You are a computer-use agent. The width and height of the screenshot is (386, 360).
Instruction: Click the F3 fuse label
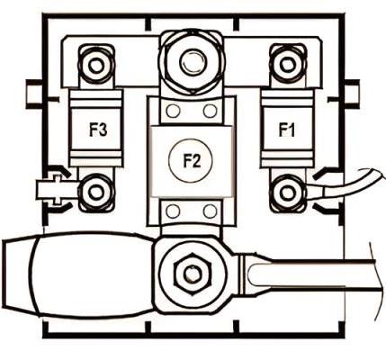point(98,130)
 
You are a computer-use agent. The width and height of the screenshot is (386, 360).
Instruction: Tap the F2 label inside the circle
point(192,161)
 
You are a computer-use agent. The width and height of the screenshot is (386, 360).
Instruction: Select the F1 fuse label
point(287,130)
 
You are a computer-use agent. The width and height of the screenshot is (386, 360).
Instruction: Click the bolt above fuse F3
point(96,66)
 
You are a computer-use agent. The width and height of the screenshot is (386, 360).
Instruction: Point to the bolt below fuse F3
point(96,193)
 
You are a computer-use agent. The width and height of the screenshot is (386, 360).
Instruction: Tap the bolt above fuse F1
point(288,64)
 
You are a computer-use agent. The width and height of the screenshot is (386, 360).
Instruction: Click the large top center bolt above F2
point(192,61)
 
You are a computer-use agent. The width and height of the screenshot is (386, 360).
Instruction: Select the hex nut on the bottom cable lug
point(190,274)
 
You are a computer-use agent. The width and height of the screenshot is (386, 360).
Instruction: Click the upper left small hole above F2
point(173,111)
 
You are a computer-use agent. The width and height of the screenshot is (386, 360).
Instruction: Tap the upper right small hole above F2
point(211,111)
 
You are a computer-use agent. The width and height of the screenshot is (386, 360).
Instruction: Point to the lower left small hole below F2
point(173,211)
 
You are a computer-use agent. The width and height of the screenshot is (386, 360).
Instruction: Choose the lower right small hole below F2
point(211,211)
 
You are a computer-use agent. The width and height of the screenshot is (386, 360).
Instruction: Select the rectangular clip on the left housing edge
point(33,94)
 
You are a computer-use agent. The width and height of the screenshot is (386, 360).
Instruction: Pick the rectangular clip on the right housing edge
point(352,94)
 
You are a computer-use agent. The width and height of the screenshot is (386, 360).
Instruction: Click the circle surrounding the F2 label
point(169,161)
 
